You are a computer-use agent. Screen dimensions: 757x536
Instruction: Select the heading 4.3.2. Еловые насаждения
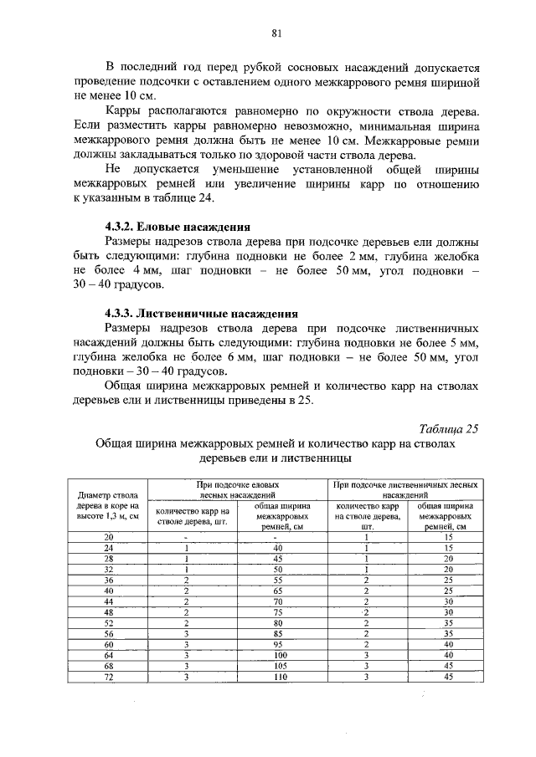(x=178, y=228)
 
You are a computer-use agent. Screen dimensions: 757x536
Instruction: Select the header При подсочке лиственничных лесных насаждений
(x=406, y=489)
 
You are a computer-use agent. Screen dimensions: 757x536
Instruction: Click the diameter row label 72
(x=108, y=677)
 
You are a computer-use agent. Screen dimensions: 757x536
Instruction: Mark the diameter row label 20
(x=108, y=536)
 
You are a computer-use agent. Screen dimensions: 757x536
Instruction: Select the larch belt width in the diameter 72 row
(x=449, y=677)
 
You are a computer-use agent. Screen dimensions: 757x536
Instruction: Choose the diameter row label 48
(x=108, y=611)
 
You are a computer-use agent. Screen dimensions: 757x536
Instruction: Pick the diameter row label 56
(x=108, y=633)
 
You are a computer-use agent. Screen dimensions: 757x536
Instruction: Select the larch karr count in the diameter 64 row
(x=367, y=655)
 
